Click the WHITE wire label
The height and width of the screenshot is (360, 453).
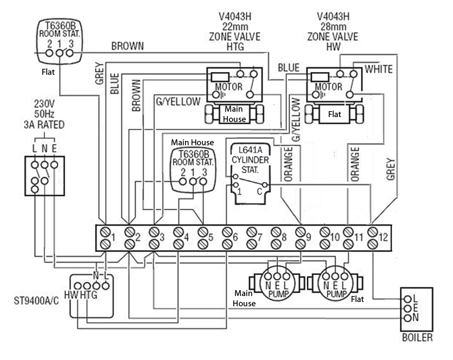(x=379, y=69)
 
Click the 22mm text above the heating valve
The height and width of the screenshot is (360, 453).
(x=234, y=26)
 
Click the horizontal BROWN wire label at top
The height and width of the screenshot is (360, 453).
(x=127, y=47)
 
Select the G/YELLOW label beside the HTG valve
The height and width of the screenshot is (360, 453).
(x=178, y=101)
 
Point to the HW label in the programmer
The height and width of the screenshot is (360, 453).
(x=72, y=295)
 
